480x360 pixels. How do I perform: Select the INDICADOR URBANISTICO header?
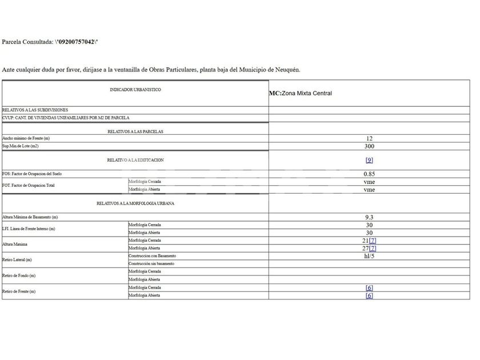tap(135, 90)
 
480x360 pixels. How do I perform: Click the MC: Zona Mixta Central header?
tap(300, 93)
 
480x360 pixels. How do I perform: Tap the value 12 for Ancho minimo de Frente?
tap(369, 138)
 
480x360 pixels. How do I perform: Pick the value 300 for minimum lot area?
tap(369, 146)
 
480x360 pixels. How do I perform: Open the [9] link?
tap(369, 161)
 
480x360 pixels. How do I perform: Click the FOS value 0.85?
tap(369, 174)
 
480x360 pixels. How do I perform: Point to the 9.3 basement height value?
tap(369, 218)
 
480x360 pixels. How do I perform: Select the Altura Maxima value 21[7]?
tap(366, 241)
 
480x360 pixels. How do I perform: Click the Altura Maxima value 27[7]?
tap(366, 249)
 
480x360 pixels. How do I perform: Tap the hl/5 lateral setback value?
tap(369, 256)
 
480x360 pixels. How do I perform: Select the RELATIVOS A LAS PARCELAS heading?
tap(135, 131)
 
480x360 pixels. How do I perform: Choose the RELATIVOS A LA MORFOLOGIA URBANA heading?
tap(135, 203)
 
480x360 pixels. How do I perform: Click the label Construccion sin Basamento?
tap(151, 263)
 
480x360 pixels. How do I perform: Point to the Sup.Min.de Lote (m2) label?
tap(20, 146)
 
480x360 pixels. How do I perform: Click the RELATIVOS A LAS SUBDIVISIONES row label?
tap(35, 109)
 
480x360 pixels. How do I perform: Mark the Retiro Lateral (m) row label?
tap(17, 259)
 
